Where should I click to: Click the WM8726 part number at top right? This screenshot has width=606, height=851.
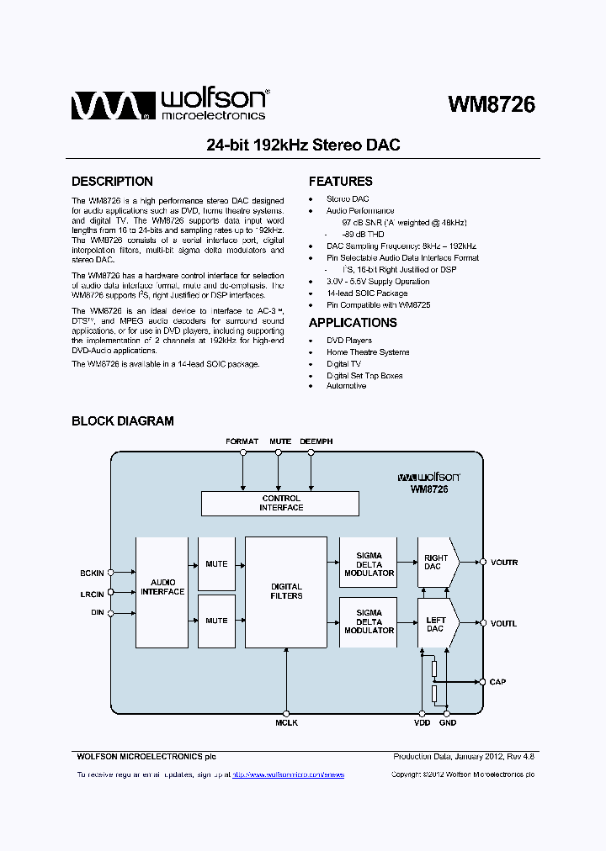[x=492, y=104]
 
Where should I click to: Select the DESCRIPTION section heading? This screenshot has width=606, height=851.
[x=112, y=182]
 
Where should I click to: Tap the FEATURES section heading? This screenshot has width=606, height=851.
[x=340, y=182]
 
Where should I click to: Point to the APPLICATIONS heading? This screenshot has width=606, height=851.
[x=352, y=323]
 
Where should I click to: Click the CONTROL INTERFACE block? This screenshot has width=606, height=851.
[x=280, y=504]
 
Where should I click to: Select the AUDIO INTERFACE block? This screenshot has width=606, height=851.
[x=162, y=592]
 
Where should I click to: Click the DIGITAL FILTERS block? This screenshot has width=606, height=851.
[x=286, y=592]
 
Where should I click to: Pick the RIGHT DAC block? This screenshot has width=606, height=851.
[x=437, y=562]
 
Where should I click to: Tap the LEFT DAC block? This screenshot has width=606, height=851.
[x=436, y=623]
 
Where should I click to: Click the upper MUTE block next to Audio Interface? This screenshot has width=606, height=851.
[x=216, y=563]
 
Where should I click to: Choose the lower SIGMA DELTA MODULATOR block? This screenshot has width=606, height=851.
[x=369, y=622]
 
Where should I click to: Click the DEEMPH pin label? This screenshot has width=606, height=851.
[x=316, y=441]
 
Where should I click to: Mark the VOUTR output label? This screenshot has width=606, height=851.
[x=504, y=562]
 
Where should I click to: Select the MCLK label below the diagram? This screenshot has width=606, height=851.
[x=286, y=723]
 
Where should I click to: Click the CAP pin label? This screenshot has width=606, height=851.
[x=498, y=682]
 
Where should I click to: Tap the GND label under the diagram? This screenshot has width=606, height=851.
[x=448, y=723]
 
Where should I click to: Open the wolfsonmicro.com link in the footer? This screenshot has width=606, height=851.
[x=288, y=774]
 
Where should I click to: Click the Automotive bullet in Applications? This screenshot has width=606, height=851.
[x=346, y=386]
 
